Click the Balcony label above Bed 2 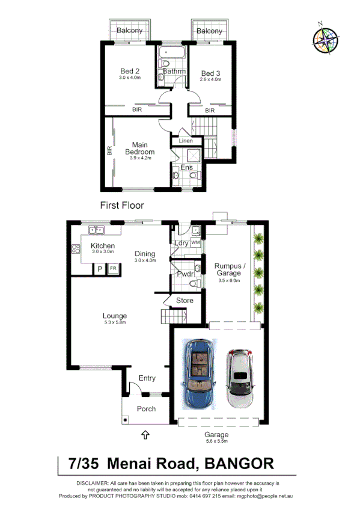click(129, 31)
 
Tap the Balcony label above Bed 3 click(209, 31)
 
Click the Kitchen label click(102, 246)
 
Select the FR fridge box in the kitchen click(112, 269)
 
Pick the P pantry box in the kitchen click(99, 269)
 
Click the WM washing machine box click(195, 242)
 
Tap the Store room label click(185, 300)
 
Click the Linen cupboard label click(186, 141)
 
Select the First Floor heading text click(122, 205)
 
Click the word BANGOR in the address click(240, 463)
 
